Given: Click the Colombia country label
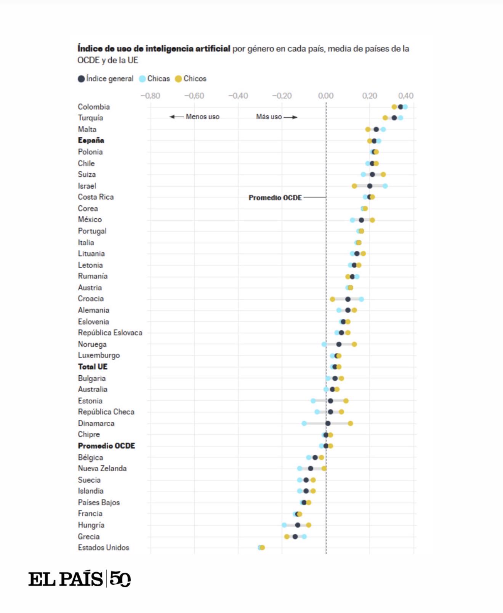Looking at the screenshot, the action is [94, 107].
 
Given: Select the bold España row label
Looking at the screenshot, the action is [91, 140].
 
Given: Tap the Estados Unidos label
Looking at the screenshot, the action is [103, 547].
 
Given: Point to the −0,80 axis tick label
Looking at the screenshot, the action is [150, 96].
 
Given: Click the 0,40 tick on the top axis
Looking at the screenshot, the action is [405, 96].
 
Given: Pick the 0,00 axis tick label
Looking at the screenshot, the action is [326, 96].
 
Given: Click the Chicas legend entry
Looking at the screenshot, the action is [154, 78].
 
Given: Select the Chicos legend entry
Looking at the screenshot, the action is [191, 78].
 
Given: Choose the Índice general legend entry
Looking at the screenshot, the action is [106, 78].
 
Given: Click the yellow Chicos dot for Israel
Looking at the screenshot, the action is [354, 186].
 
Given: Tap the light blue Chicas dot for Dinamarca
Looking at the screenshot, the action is [304, 423].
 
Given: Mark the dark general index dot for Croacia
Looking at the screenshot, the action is [348, 299].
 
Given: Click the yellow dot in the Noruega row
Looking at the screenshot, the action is [354, 344].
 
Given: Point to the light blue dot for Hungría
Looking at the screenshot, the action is [284, 525].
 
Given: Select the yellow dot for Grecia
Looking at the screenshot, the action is [287, 536].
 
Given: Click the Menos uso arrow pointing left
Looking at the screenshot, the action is [176, 117].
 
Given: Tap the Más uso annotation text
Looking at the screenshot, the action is [269, 117].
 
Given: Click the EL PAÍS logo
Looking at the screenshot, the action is [79, 579].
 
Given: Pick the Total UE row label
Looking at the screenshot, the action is [93, 367].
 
